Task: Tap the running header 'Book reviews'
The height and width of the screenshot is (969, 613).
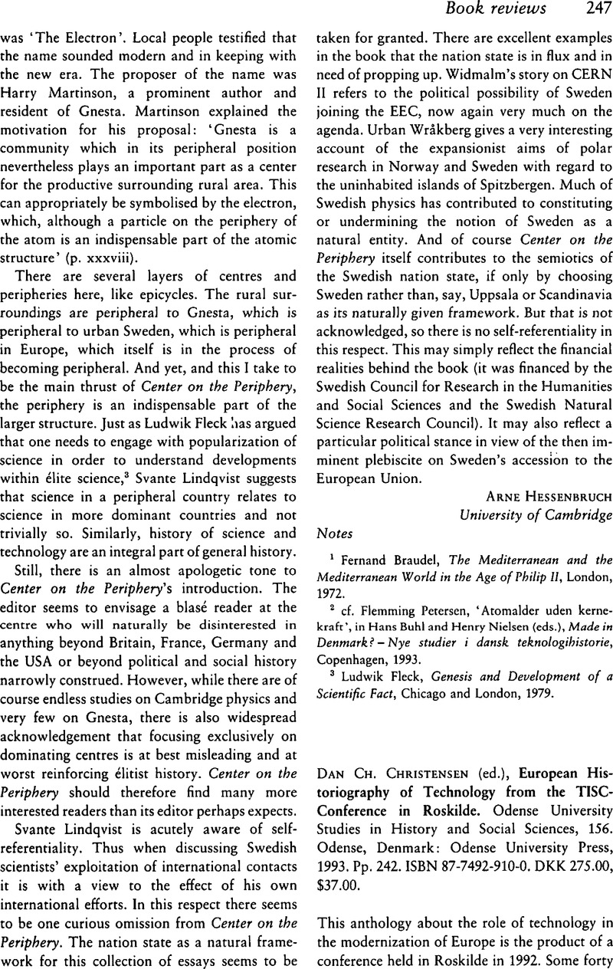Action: (520, 9)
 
